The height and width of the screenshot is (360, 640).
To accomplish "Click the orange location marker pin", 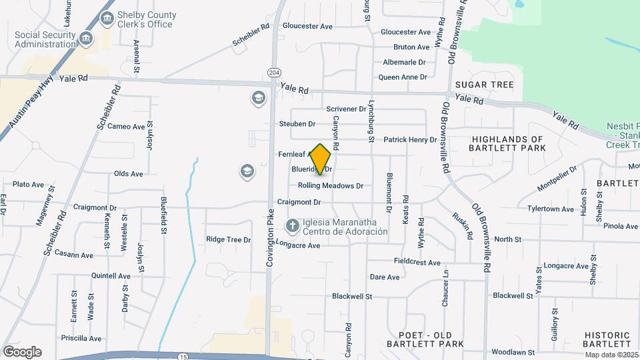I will tap(321, 159).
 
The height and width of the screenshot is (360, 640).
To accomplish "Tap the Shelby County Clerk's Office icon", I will tap(106, 19).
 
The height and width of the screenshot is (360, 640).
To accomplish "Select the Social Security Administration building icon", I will tap(85, 39).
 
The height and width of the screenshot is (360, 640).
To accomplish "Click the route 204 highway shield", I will tap(273, 72).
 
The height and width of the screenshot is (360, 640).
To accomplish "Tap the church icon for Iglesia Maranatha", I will tap(292, 227).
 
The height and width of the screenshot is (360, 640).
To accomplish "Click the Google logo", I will tap(22, 351).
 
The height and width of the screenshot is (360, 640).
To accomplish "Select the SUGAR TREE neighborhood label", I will tap(484, 85).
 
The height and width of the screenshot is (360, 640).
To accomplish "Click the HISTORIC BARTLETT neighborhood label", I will tap(607, 339).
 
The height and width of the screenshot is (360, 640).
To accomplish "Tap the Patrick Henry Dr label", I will tap(410, 140).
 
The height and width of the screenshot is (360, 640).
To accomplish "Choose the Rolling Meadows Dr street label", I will tap(330, 186).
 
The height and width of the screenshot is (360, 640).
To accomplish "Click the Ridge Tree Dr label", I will tap(228, 239).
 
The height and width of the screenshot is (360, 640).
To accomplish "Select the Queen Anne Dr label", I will tap(402, 77).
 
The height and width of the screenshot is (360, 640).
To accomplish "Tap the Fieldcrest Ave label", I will tap(417, 263).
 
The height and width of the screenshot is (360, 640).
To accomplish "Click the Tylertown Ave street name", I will tap(550, 209).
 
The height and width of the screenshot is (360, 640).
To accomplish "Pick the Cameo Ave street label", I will tap(126, 127).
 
